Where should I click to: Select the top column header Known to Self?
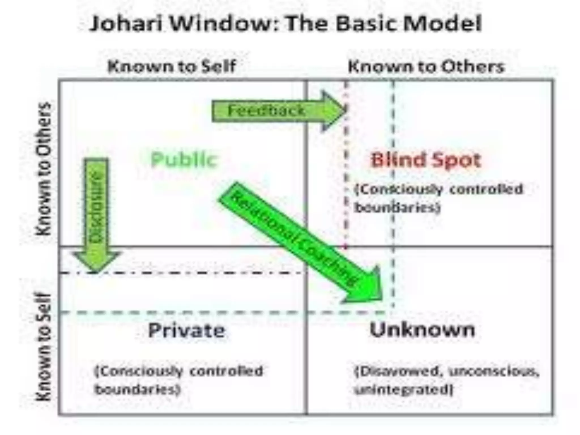pos(172,67)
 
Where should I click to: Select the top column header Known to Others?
pos(426,67)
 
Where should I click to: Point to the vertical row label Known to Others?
pos(44,169)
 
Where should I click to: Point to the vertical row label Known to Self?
pos(44,347)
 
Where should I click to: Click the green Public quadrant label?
pos(184,160)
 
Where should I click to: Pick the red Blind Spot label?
pos(426,160)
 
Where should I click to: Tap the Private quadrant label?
pos(187,330)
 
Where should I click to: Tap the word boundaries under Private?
pos(138,390)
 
